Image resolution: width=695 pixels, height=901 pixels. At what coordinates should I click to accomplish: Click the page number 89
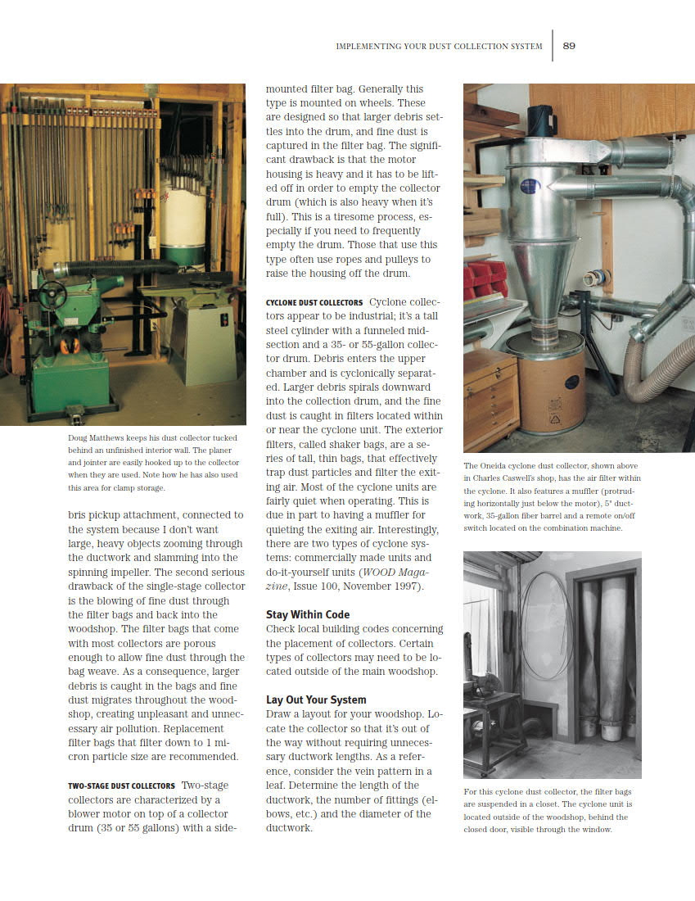pyautogui.click(x=569, y=46)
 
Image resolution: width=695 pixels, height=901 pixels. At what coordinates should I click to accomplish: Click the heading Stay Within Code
pyautogui.click(x=307, y=614)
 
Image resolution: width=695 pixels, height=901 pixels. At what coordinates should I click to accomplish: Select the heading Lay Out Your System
pyautogui.click(x=315, y=700)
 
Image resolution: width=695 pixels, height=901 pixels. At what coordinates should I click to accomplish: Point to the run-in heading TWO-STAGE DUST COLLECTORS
pyautogui.click(x=120, y=786)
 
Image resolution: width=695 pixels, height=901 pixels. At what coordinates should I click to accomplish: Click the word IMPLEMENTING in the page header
pyautogui.click(x=365, y=47)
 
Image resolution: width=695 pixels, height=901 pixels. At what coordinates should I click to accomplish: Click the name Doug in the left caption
pyautogui.click(x=78, y=438)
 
